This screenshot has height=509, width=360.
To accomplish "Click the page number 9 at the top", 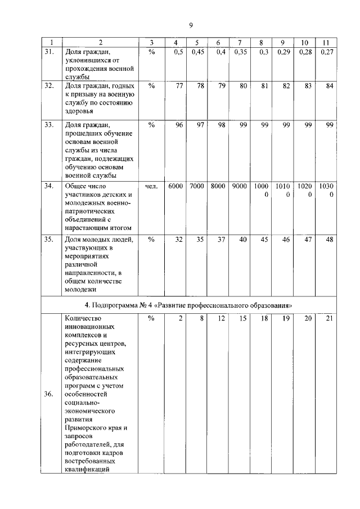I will pyautogui.click(x=191, y=25).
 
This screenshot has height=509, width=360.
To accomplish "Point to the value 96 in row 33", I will pyautogui.click(x=179, y=125).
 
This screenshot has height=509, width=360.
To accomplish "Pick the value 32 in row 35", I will pyautogui.click(x=179, y=240).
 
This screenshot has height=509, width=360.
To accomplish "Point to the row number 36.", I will pyautogui.click(x=49, y=394).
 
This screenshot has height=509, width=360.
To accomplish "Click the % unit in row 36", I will pyautogui.click(x=151, y=318).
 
